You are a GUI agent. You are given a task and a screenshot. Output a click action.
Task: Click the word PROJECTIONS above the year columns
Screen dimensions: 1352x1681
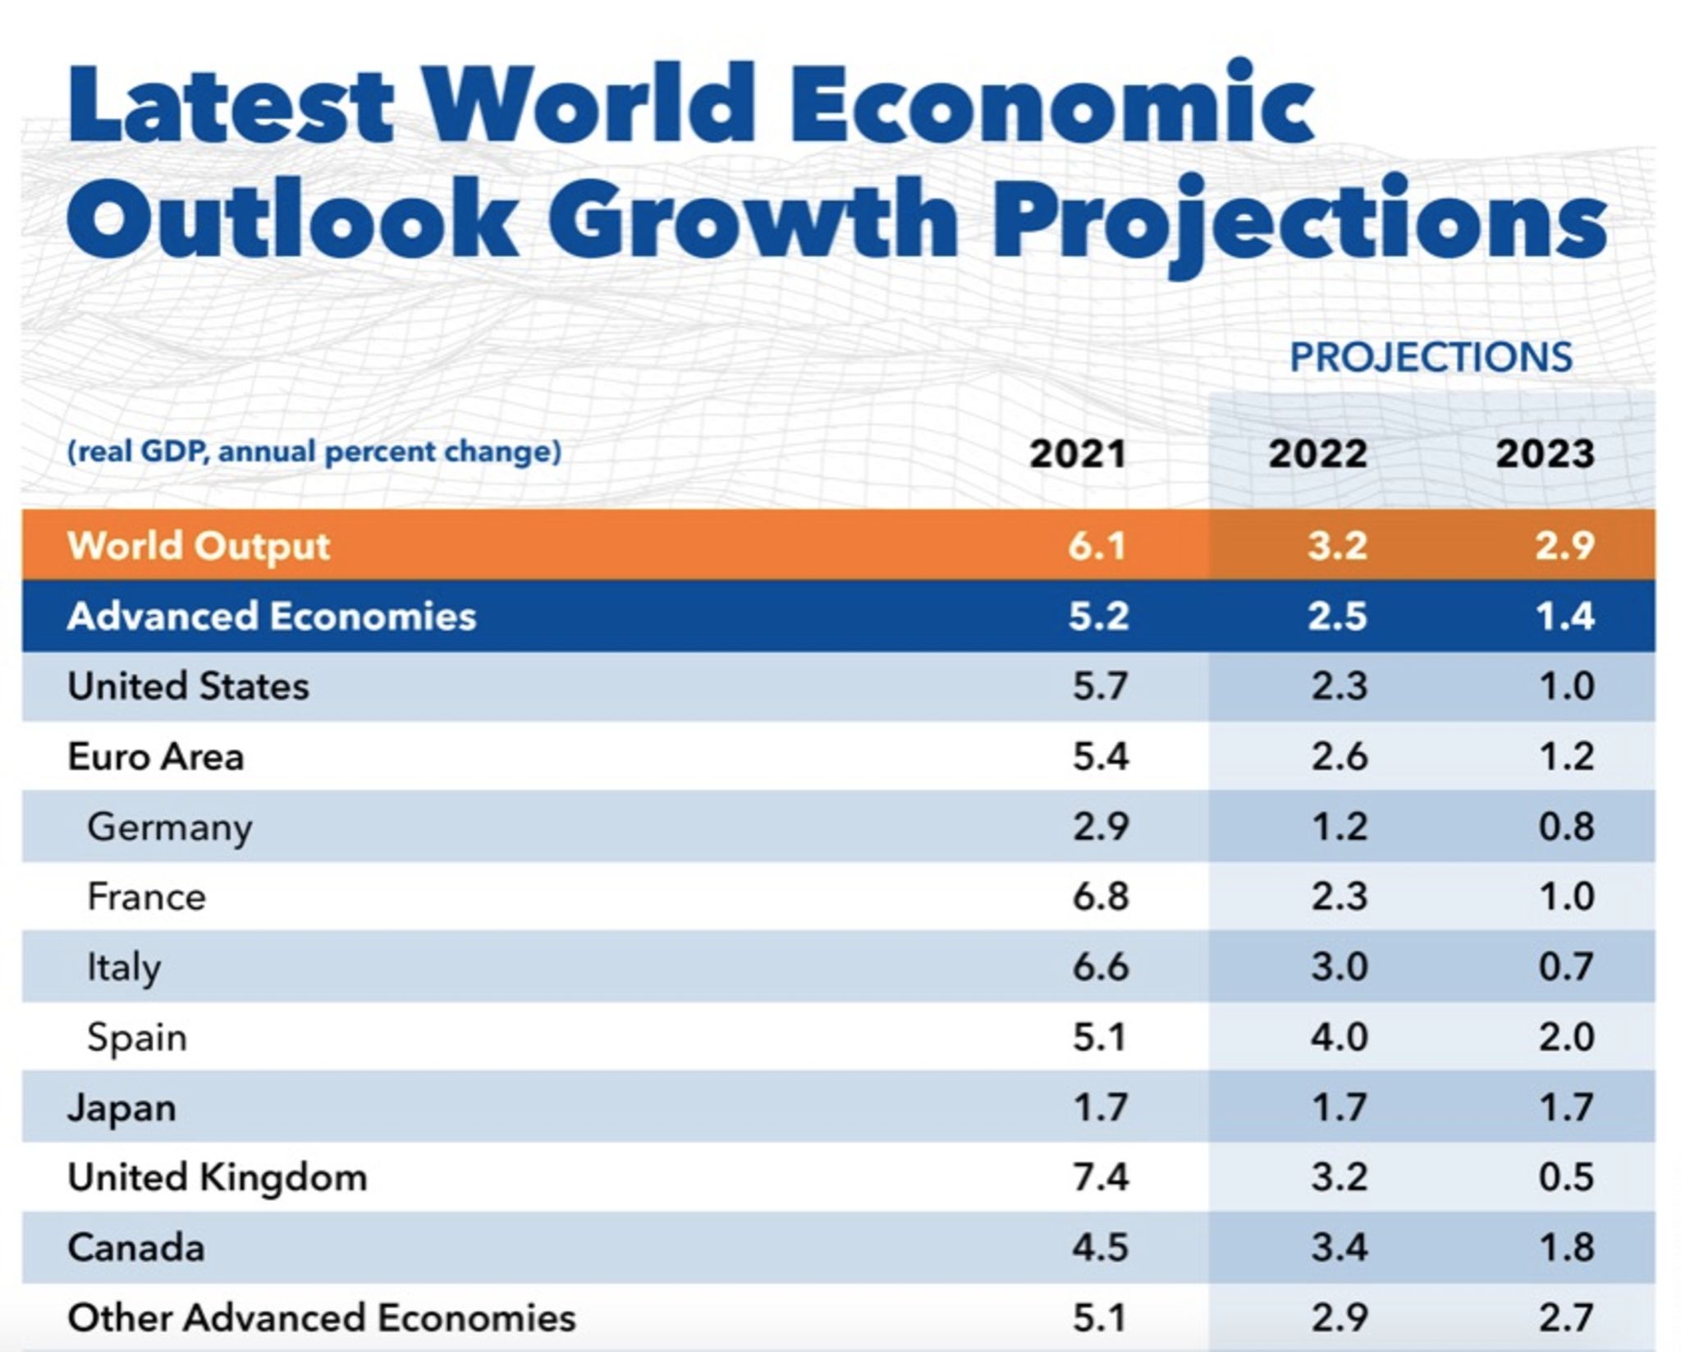pos(1430,358)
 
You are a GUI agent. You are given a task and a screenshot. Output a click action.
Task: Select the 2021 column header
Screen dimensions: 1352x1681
pos(1077,454)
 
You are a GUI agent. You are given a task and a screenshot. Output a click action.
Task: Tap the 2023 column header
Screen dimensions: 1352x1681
pos(1544,454)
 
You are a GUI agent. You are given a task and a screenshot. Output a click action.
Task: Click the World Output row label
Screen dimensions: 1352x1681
pos(198,546)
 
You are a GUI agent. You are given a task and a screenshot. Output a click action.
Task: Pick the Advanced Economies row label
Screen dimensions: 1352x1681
pos(271,616)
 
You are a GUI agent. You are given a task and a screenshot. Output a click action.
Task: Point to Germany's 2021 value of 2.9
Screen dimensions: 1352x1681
pos(1100,827)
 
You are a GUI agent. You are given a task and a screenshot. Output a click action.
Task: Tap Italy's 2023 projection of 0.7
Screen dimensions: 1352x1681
pos(1566,967)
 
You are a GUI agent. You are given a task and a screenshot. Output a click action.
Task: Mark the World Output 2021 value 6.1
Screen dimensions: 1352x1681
pos(1097,546)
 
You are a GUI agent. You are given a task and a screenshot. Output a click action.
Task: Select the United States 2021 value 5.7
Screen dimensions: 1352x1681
pos(1100,686)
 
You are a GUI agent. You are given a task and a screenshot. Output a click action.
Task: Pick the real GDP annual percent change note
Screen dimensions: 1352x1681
pos(314,452)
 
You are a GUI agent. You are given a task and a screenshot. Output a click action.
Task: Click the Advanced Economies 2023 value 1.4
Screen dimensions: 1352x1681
pos(1564,616)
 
